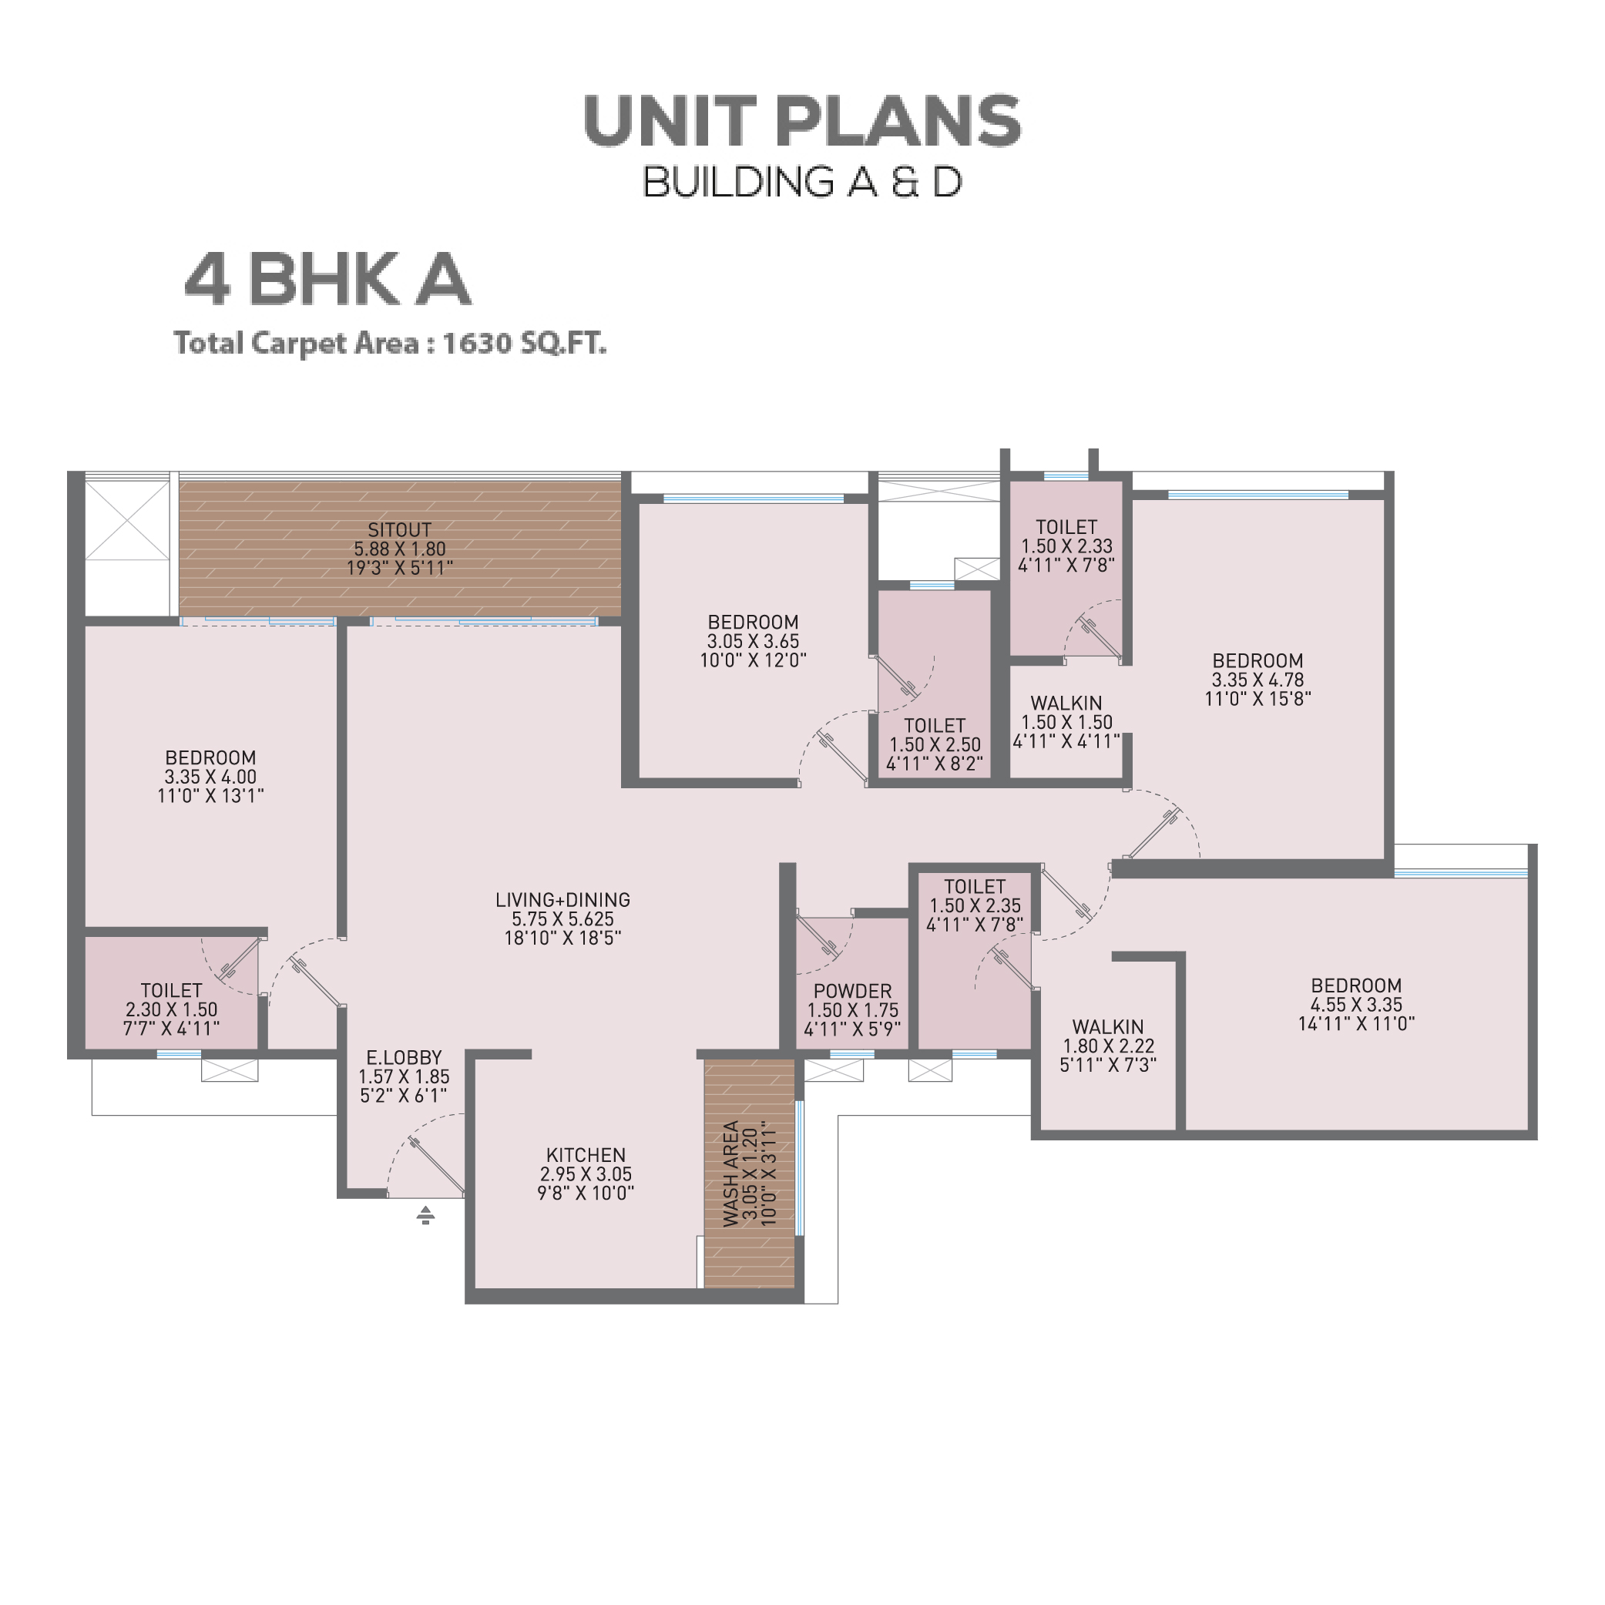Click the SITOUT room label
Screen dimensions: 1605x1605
point(400,530)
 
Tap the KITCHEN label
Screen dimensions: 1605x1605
point(586,1156)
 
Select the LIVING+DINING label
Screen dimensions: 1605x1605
point(562,900)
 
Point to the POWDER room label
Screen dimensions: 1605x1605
point(852,991)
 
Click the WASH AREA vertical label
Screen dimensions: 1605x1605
point(731,1174)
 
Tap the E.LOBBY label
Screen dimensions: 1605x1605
point(404,1057)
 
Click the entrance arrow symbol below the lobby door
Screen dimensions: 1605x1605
point(425,1215)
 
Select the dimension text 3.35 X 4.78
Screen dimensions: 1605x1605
point(1257,680)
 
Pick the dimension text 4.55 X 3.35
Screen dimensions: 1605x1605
point(1357,1004)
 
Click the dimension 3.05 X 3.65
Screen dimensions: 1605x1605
point(754,641)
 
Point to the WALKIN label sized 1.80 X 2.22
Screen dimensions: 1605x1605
point(1108,1027)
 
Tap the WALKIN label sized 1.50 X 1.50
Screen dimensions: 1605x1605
point(1066,703)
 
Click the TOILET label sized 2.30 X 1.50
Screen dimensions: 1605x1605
point(171,990)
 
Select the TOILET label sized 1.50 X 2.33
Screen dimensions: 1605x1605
point(1066,527)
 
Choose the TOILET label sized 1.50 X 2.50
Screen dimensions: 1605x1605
point(935,725)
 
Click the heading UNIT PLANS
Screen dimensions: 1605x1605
point(803,121)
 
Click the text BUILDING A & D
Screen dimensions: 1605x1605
point(803,182)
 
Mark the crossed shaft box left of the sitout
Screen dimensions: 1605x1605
point(127,521)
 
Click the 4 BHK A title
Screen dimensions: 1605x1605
point(327,279)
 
